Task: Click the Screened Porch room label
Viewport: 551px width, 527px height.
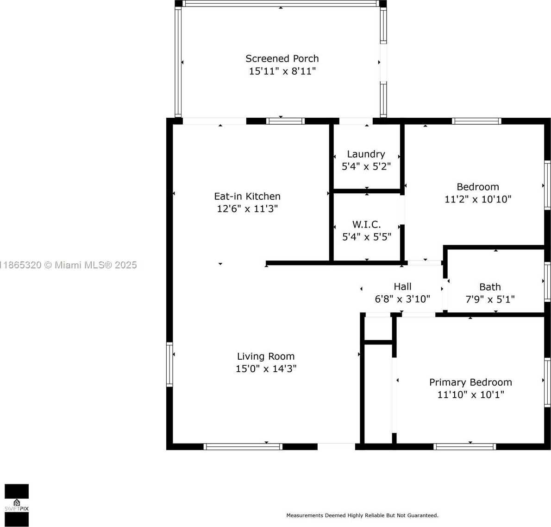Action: coord(282,58)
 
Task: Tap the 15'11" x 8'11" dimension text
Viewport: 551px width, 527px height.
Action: coord(282,71)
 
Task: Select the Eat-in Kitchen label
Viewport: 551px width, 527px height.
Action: coord(247,196)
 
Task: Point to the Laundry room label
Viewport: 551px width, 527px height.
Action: coord(366,154)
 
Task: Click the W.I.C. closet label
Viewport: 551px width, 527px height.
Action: coord(367,224)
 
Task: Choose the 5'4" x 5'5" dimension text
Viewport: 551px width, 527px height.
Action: coord(367,237)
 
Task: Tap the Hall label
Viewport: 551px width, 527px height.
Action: coord(402,286)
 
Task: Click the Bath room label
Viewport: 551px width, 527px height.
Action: coord(490,287)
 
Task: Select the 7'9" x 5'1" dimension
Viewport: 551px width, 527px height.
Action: coord(490,299)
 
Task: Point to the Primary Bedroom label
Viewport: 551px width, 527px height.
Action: coord(470,382)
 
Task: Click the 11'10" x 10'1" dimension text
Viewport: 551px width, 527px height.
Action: coord(470,395)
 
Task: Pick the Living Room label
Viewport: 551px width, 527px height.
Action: coord(266,356)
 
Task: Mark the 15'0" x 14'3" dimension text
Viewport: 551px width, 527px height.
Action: coord(266,368)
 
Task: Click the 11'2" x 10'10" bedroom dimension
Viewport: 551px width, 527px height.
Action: coord(478,199)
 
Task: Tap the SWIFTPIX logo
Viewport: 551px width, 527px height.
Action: coord(17,505)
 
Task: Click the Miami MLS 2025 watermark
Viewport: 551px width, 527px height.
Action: coord(69,265)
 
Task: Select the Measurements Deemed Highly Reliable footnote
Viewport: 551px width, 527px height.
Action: coord(362,515)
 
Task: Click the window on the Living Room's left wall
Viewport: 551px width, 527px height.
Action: coord(169,364)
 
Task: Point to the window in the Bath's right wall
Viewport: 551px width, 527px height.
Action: coord(547,282)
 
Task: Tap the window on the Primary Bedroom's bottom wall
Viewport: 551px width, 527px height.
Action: coord(464,447)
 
